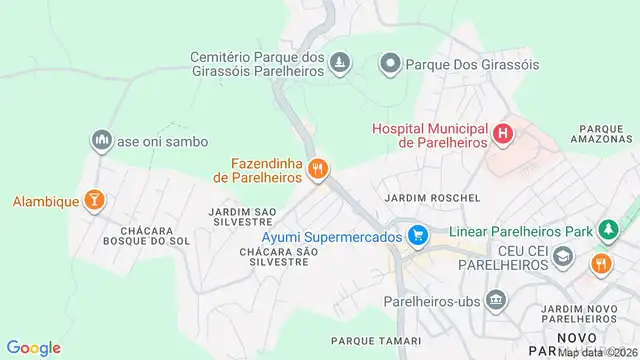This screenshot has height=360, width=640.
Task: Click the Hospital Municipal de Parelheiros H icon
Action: point(504,134)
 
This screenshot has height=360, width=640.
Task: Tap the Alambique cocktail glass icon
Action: point(94,201)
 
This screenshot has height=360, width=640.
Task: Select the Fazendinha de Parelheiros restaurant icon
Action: point(318,169)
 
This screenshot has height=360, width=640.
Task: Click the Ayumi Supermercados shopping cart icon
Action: point(418,237)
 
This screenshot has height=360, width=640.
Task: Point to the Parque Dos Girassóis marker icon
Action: point(390,65)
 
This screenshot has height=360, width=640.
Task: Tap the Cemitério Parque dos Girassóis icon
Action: point(340,65)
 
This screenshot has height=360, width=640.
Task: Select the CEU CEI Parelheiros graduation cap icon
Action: point(564,257)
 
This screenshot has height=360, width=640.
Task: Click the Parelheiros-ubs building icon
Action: point(495,300)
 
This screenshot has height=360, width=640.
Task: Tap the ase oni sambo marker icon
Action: point(101,142)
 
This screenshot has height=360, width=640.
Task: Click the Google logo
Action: point(34,347)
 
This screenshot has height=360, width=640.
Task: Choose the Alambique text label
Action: point(46,201)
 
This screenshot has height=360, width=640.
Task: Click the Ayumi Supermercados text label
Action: point(332,237)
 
